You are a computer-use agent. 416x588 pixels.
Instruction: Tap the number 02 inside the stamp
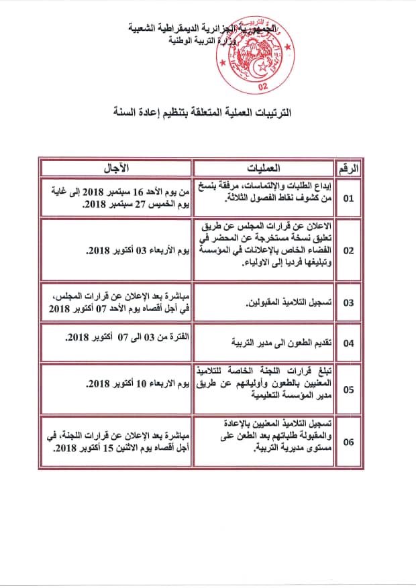pos(262,86)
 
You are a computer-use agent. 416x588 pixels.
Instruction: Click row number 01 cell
pos(349,198)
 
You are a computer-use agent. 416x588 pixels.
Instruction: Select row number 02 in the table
pos(349,250)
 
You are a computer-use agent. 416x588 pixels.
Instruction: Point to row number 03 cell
pos(349,303)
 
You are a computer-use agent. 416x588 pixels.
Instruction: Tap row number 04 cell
pos(349,343)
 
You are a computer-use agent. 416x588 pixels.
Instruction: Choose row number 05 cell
pos(349,388)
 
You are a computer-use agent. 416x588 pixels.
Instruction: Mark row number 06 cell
pos(349,443)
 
